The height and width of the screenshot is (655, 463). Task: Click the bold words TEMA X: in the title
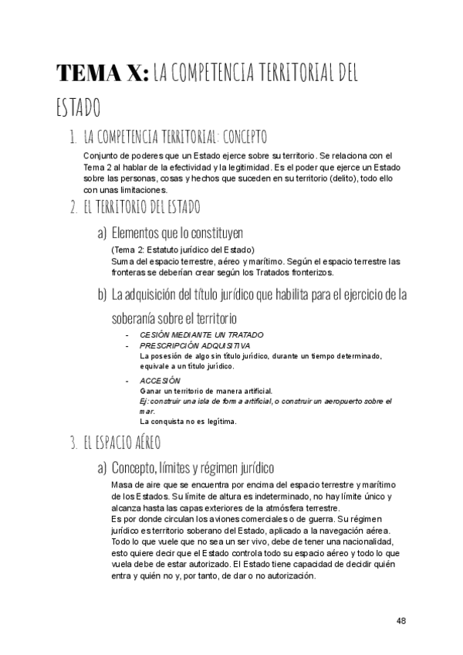click(x=102, y=73)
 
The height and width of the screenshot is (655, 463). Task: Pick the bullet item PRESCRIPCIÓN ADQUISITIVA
click(x=194, y=345)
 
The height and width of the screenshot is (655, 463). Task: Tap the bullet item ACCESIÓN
click(x=160, y=381)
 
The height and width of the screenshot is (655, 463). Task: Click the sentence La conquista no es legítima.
click(x=188, y=422)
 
